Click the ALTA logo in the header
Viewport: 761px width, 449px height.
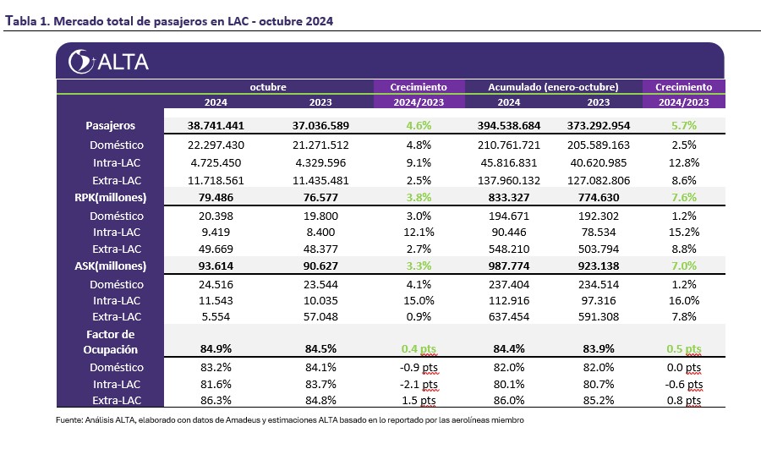pyautogui.click(x=108, y=62)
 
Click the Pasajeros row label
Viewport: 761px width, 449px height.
pyautogui.click(x=110, y=125)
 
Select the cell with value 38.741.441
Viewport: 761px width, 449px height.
pyautogui.click(x=216, y=125)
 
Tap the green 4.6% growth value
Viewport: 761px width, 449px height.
pyautogui.click(x=419, y=125)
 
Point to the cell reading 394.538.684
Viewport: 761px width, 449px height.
pyautogui.click(x=509, y=125)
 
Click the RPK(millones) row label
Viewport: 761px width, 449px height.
pyautogui.click(x=110, y=198)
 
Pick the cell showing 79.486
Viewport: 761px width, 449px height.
pyautogui.click(x=216, y=198)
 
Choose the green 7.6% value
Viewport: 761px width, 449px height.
pyautogui.click(x=683, y=198)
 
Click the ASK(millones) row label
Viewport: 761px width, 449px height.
pyautogui.click(x=110, y=266)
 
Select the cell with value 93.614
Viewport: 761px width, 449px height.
pyautogui.click(x=216, y=266)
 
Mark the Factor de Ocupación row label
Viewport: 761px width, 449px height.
pyautogui.click(x=110, y=342)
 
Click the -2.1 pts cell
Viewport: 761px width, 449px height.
pyautogui.click(x=419, y=385)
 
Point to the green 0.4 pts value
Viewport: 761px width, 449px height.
pyautogui.click(x=419, y=348)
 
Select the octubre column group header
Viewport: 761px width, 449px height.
pyautogui.click(x=268, y=87)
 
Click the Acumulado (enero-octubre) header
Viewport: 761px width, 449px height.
pyautogui.click(x=553, y=87)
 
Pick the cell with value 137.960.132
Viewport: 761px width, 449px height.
pyautogui.click(x=509, y=181)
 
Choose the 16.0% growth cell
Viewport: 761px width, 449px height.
pyautogui.click(x=683, y=300)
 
